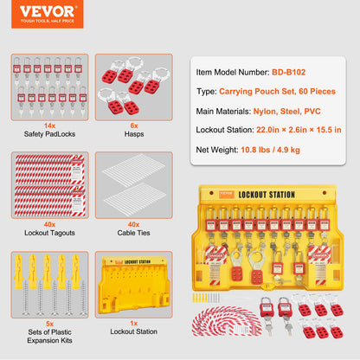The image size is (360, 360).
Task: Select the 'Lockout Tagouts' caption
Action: coord(48,233)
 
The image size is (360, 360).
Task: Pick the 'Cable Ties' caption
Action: coord(130,233)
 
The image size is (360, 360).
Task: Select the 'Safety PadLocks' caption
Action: coord(48,134)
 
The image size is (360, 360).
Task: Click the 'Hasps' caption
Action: coord(130,134)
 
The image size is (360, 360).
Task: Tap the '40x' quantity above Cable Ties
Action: coord(130,224)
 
